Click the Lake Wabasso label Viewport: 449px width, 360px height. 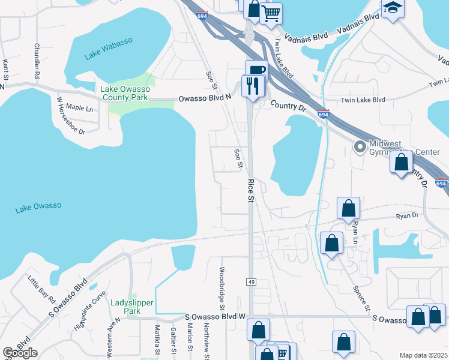click(x=109, y=49)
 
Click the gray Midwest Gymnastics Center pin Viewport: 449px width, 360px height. click(x=360, y=146)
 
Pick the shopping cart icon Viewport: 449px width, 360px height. click(x=271, y=12)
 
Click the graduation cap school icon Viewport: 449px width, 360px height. click(x=393, y=8)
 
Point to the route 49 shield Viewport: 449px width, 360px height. click(x=251, y=281)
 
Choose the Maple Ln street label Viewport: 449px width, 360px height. click(x=79, y=108)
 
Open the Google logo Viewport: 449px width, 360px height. click(x=20, y=353)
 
